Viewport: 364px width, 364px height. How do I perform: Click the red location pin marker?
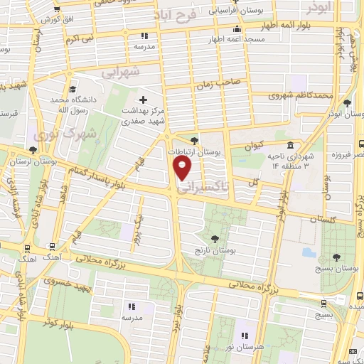point(183,167)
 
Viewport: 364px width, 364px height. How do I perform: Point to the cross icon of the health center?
point(144,99)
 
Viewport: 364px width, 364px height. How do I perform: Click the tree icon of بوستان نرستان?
point(33,150)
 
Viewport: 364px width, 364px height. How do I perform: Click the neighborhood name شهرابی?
point(117,72)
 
